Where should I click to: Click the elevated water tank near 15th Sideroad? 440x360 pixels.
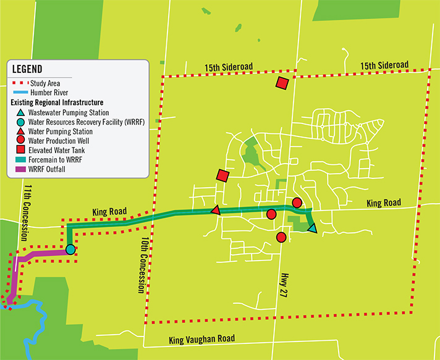(x=282, y=84)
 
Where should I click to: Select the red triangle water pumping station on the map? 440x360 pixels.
(x=215, y=210)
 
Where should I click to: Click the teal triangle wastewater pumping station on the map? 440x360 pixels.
(x=312, y=229)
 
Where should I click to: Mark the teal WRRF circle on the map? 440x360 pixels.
(x=70, y=249)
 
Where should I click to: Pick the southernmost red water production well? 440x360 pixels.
(x=281, y=237)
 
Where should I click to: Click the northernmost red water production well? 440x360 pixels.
(x=297, y=203)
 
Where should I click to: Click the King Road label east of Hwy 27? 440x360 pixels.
(x=383, y=203)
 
